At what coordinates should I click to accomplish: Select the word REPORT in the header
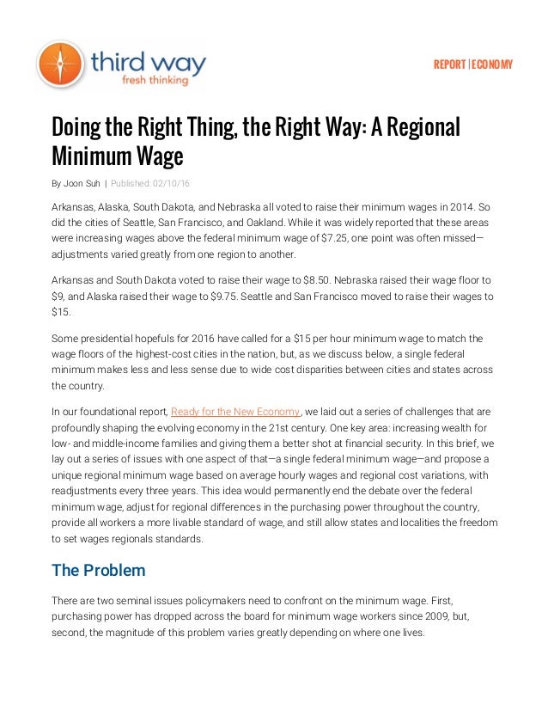click(450, 65)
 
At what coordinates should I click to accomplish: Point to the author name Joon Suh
click(82, 182)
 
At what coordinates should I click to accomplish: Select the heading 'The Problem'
click(98, 570)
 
